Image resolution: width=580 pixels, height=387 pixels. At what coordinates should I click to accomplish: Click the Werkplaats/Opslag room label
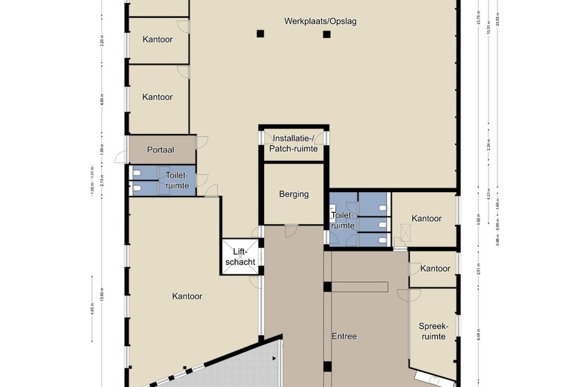[x=320, y=21]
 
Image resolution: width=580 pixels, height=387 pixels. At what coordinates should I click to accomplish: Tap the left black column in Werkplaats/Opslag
[x=260, y=33]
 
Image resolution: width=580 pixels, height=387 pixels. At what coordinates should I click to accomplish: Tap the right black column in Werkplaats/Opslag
[x=326, y=33]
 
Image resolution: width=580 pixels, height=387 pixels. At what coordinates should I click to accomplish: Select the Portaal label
[x=161, y=150]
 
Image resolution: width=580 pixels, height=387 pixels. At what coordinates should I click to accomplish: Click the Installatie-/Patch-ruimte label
[x=295, y=144]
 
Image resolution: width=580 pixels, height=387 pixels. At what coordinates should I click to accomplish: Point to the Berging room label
[x=294, y=194]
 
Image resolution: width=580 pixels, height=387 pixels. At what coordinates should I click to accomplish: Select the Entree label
[x=344, y=336]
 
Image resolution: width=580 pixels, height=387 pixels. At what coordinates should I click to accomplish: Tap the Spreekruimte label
[x=433, y=331]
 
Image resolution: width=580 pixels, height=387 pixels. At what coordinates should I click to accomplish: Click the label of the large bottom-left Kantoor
[x=187, y=296]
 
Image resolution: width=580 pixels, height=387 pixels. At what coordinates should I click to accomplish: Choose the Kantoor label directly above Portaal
[x=158, y=97]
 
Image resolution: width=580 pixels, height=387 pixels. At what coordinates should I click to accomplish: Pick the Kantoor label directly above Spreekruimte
[x=435, y=269]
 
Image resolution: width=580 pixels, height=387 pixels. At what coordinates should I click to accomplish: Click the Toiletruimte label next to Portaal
[x=177, y=180]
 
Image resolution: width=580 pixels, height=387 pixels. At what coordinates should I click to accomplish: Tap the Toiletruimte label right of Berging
[x=342, y=220]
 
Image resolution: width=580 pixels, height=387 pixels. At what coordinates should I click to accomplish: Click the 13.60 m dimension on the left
[x=103, y=289]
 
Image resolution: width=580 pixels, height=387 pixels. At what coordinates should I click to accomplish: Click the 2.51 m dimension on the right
[x=478, y=268]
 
